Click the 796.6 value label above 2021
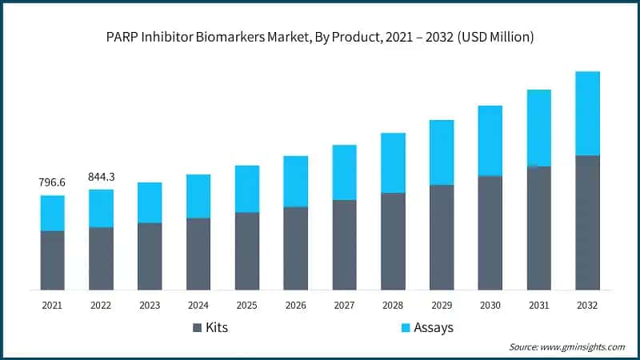[52, 183]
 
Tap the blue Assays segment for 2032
[587, 113]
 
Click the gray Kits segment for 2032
[587, 222]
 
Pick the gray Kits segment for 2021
[52, 260]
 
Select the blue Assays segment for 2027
[344, 172]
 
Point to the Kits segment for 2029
[442, 237]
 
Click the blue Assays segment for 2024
[198, 196]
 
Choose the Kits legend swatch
[198, 327]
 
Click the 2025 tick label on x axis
[247, 305]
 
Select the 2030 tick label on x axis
[490, 305]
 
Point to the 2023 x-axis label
[150, 305]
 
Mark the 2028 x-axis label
[393, 305]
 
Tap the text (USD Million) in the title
[494, 37]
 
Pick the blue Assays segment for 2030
[490, 140]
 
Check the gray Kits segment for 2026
[296, 248]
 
